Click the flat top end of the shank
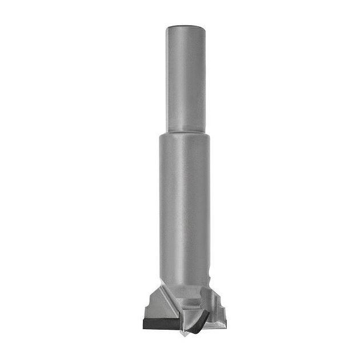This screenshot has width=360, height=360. tap(186, 27)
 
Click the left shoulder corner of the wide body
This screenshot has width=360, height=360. tap(162, 137)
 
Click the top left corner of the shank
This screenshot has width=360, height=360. tap(167, 29)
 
